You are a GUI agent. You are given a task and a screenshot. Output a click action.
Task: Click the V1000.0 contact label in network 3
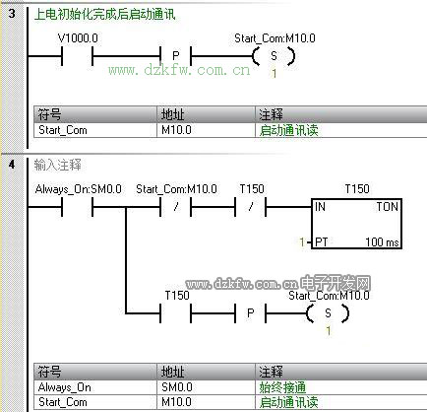point(78,38)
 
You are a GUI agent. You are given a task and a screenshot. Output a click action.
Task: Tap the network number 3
point(12,14)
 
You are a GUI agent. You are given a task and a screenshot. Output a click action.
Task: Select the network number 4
point(12,164)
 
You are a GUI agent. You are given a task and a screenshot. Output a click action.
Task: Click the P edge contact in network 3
point(175,56)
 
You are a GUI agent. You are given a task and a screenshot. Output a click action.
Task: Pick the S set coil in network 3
point(274,56)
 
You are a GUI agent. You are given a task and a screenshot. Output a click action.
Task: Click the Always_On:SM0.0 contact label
point(78,189)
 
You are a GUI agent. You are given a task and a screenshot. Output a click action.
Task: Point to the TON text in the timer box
point(387,207)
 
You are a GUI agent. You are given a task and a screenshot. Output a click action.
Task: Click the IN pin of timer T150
point(320,207)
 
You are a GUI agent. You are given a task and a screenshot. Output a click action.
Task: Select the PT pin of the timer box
point(321,242)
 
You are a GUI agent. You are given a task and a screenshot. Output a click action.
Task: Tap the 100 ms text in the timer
point(382,242)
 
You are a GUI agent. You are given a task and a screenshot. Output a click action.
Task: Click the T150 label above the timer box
point(357,189)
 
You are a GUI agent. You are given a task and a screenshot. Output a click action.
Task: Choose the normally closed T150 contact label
point(252,189)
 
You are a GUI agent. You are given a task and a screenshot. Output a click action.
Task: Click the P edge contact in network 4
point(250,313)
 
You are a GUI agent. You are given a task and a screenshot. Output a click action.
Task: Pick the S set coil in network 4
point(328,313)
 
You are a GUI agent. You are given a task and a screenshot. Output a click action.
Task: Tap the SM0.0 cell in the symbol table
point(177,387)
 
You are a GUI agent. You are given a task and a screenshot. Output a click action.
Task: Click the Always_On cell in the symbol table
point(65,387)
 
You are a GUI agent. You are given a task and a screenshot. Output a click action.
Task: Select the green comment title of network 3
point(105,15)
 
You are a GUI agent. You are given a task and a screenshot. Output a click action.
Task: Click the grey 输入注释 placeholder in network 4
point(57,165)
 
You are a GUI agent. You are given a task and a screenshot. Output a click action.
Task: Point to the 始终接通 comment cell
point(282,387)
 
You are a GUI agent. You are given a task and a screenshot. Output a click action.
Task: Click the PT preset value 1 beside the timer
point(302,242)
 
